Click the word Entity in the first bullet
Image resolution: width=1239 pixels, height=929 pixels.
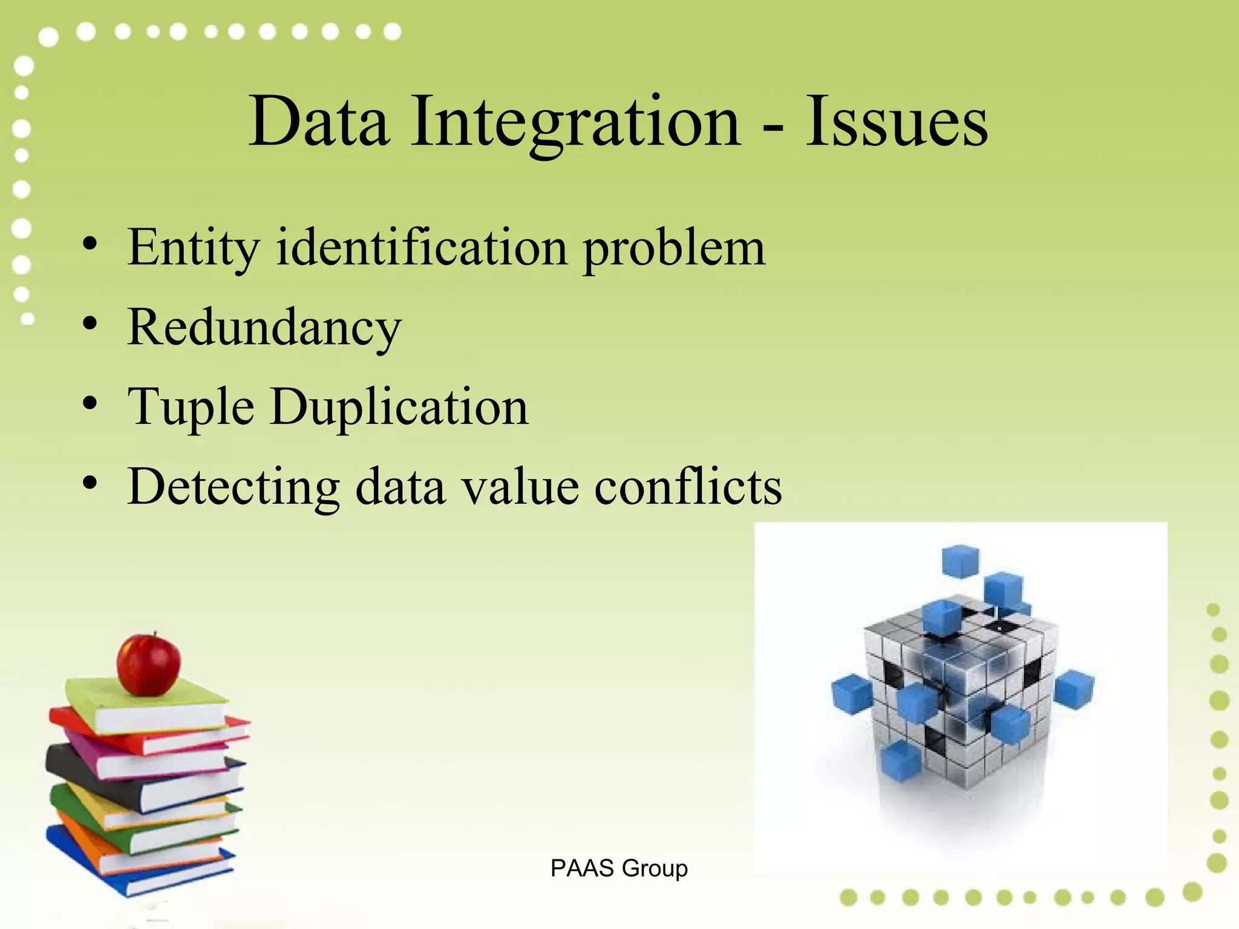[193, 248]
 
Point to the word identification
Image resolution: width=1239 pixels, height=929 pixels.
[422, 248]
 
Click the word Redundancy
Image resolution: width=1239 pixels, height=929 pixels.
[264, 328]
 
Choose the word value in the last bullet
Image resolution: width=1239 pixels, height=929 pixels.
[520, 487]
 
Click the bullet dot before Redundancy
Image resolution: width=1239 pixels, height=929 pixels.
[90, 324]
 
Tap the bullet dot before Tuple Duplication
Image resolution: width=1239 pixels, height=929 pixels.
[90, 403]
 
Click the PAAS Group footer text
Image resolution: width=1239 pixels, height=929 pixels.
[619, 869]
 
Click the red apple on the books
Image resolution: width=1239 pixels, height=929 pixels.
[148, 665]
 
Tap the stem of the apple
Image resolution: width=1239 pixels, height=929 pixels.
[154, 635]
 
